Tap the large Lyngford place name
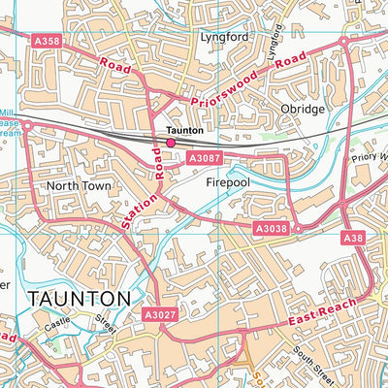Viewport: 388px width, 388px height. coord(218,36)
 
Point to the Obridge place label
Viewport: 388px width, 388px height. coord(300,109)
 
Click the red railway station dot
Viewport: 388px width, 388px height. coord(171,143)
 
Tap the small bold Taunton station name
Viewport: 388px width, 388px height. coord(184,129)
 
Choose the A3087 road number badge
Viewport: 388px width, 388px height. coord(206,157)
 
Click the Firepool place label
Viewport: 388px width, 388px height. coord(228,181)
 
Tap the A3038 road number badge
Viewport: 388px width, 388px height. coord(273,229)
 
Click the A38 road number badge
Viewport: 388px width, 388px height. coord(353,237)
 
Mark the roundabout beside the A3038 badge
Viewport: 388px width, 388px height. coord(298,229)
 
